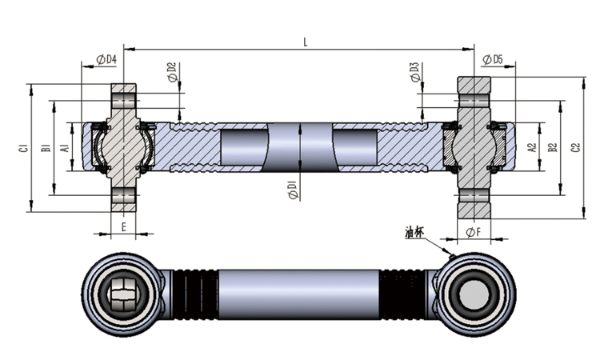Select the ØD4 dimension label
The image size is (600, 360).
coord(106,60)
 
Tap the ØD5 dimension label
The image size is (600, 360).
coord(493,60)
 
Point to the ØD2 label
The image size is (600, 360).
coord(172,72)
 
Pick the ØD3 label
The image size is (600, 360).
coord(413,72)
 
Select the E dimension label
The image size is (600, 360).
coord(124,226)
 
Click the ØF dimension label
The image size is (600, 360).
coord(474,233)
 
